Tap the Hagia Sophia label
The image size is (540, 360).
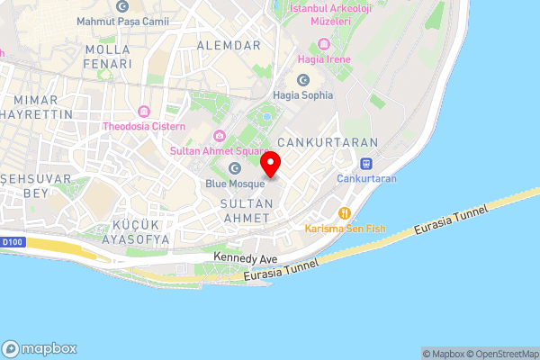point(302,94)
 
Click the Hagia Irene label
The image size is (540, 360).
point(332,59)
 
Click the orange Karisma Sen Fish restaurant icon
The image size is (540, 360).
point(344,212)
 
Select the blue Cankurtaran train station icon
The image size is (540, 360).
point(366,163)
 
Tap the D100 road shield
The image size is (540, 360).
point(13,241)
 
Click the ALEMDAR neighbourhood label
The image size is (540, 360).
point(228,44)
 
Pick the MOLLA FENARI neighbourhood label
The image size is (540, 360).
point(106,57)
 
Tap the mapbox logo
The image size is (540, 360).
point(40,347)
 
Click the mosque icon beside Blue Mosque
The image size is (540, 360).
point(236,168)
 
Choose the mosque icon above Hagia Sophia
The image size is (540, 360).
point(302,79)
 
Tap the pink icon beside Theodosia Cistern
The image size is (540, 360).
point(142,111)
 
